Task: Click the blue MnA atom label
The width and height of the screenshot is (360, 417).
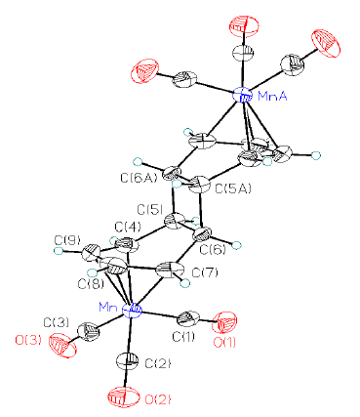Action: (x=272, y=97)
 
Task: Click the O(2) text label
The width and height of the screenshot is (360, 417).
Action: (x=157, y=399)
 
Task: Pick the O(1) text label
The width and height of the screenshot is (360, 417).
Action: (x=224, y=343)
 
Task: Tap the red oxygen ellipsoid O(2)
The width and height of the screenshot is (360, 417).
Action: (x=124, y=396)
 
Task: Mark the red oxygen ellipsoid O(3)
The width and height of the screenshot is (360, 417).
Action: (x=62, y=346)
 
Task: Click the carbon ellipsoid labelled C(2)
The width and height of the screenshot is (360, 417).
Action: (x=127, y=361)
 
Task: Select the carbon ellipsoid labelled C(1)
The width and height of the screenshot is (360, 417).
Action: (x=188, y=318)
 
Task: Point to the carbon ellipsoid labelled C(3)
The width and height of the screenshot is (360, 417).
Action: (x=88, y=332)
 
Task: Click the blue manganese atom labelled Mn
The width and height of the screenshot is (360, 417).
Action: (x=132, y=310)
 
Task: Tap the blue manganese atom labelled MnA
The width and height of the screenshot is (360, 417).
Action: (x=243, y=95)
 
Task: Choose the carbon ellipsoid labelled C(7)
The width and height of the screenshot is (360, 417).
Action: (x=170, y=271)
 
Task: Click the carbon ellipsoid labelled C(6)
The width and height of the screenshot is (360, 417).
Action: (x=203, y=235)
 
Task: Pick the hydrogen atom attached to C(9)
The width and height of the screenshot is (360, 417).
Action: (x=59, y=251)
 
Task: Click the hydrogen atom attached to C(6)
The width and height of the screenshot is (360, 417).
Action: (x=238, y=244)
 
